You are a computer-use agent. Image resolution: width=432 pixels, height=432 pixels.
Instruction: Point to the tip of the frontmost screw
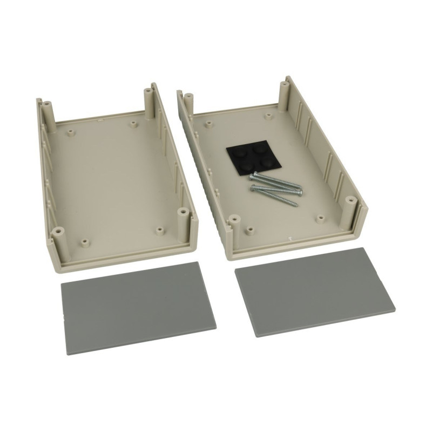(296, 204)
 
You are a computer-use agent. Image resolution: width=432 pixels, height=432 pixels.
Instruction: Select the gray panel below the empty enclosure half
(137, 308)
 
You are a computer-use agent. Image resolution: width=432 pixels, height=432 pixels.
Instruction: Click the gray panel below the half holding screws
(314, 292)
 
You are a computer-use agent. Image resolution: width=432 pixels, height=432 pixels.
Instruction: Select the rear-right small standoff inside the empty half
(133, 124)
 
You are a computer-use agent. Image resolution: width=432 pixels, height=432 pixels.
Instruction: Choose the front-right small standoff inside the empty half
(159, 231)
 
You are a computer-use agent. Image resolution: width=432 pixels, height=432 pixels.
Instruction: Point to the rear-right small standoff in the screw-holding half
(268, 115)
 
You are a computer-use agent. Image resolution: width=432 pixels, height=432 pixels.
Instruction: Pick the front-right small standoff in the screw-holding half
(321, 219)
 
